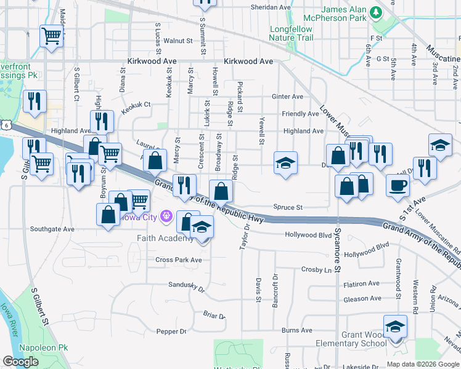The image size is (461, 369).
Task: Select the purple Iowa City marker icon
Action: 165,216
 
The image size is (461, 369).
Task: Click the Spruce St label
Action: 288,208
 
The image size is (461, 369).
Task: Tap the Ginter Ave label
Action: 288,97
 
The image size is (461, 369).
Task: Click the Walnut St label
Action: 178,41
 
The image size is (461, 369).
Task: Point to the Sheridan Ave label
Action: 270,7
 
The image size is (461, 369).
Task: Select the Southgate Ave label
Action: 52,229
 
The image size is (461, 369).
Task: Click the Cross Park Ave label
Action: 179,260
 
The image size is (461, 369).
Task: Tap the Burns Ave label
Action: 297,330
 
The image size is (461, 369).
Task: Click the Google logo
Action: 20,362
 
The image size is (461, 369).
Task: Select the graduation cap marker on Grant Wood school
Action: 395,327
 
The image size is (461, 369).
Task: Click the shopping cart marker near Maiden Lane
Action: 52,36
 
